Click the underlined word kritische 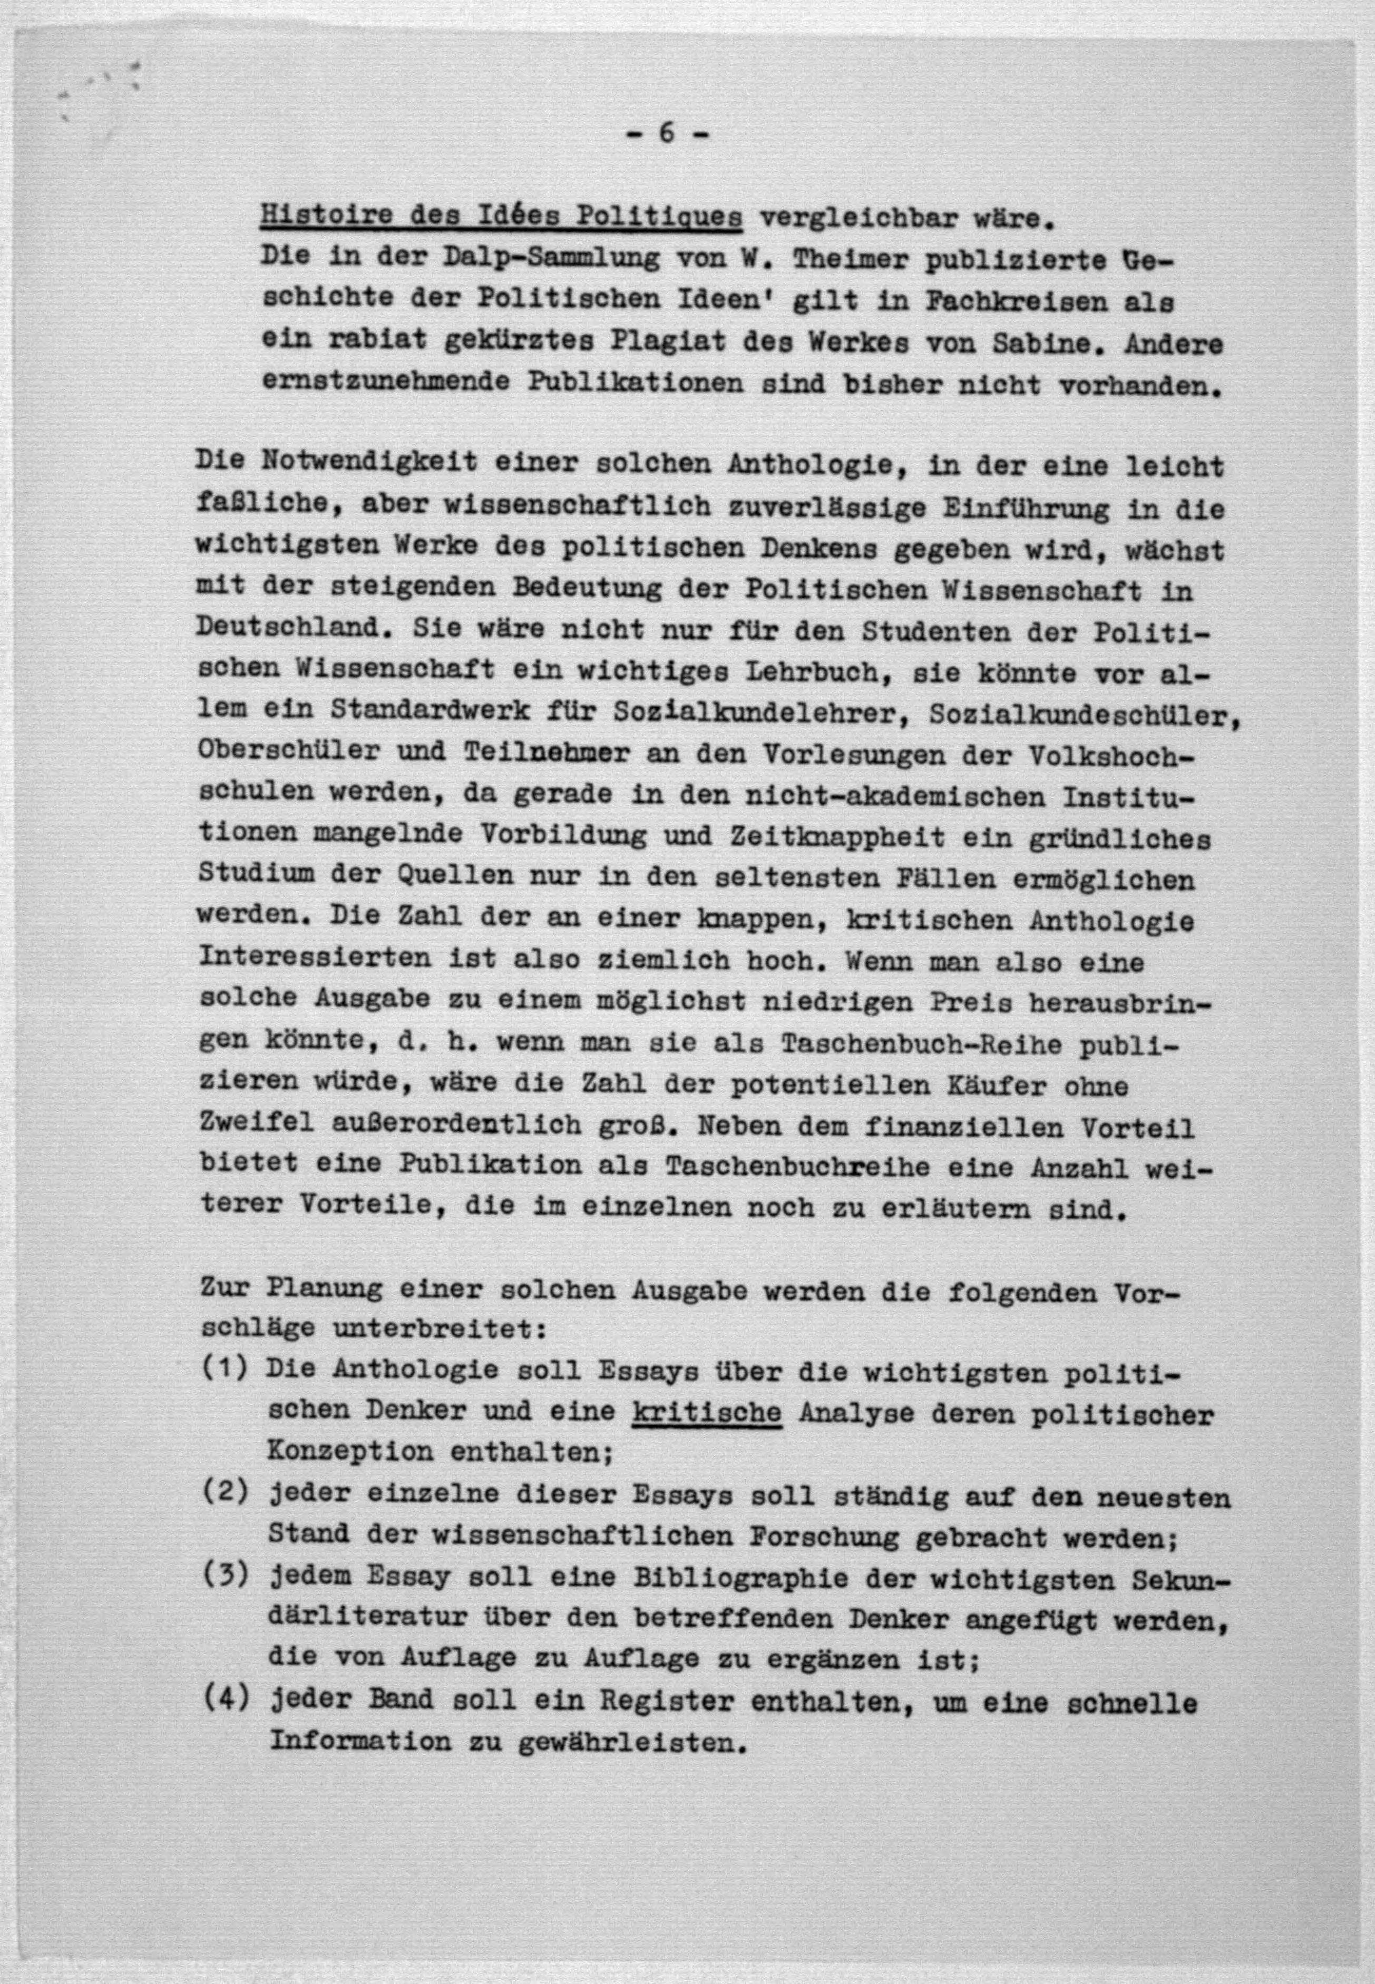(x=706, y=1413)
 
